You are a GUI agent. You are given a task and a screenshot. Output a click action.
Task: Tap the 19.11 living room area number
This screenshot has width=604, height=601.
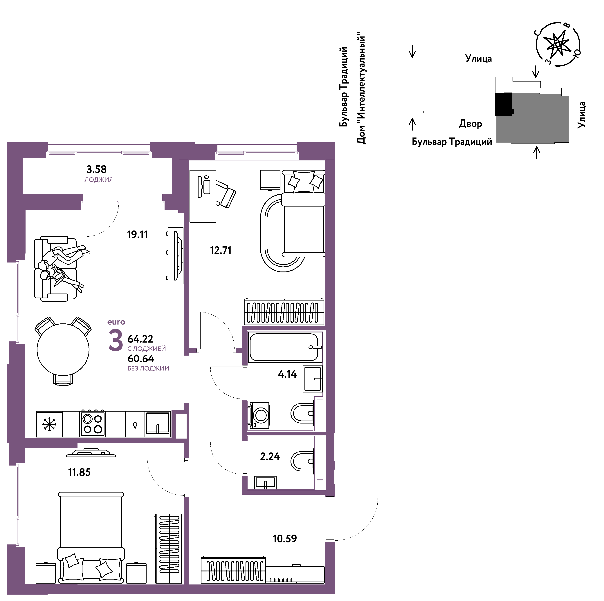pyautogui.click(x=137, y=234)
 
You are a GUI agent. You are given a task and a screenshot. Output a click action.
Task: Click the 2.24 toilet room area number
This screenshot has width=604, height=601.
pyautogui.click(x=270, y=457)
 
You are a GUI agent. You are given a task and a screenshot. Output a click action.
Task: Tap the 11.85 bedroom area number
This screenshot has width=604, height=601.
pyautogui.click(x=79, y=472)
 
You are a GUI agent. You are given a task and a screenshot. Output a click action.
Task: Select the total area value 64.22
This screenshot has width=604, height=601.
pyautogui.click(x=140, y=339)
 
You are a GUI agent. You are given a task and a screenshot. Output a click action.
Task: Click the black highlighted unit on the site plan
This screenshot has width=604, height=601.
pyautogui.click(x=504, y=104)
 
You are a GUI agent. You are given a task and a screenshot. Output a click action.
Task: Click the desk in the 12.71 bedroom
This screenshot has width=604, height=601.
pyautogui.click(x=203, y=196)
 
